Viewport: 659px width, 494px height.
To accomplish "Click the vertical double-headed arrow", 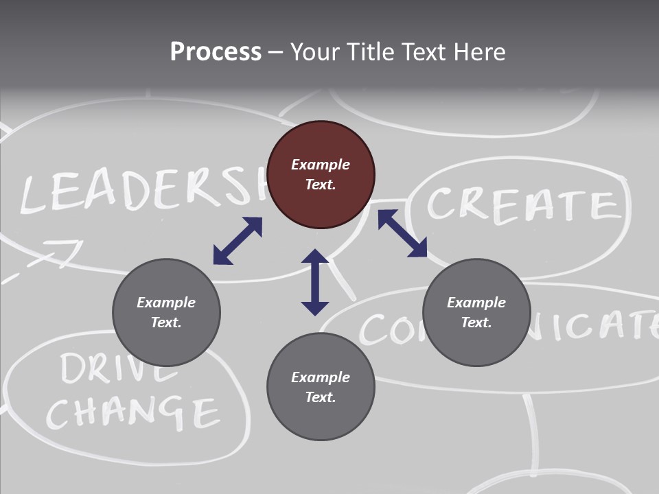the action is coord(315,283).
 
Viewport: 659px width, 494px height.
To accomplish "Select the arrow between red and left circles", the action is coord(238,241).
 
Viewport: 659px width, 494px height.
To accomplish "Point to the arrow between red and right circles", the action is coord(403,233).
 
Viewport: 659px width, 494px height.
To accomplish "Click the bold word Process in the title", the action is coord(216,52).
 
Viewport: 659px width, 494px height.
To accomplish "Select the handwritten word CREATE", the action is coord(520,204).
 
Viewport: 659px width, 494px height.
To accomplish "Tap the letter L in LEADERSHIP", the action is coord(34,195).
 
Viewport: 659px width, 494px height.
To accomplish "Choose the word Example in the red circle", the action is coord(321,165).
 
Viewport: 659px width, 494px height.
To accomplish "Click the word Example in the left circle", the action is coord(166,303).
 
